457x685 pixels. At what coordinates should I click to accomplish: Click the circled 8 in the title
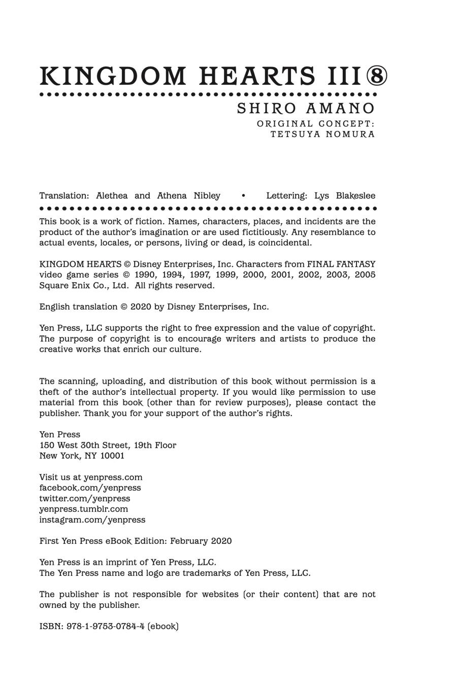(x=376, y=76)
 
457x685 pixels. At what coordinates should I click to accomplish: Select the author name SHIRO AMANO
(x=306, y=109)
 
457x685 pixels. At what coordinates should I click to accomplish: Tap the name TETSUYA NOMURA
(x=322, y=134)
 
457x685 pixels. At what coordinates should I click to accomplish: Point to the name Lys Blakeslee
(x=345, y=196)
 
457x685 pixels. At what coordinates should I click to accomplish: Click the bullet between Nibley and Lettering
(x=244, y=196)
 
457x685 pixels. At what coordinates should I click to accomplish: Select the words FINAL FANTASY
(x=341, y=264)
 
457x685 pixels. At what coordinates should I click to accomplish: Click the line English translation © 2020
(x=154, y=307)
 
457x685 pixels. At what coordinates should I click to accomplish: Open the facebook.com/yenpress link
(x=90, y=488)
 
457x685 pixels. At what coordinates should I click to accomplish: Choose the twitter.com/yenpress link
(x=85, y=498)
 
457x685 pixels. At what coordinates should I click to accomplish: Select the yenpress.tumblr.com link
(x=84, y=509)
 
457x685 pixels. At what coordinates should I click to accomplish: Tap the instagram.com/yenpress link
(x=92, y=520)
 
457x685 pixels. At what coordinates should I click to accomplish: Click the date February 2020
(x=201, y=541)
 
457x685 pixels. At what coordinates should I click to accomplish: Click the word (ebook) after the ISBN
(x=163, y=626)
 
